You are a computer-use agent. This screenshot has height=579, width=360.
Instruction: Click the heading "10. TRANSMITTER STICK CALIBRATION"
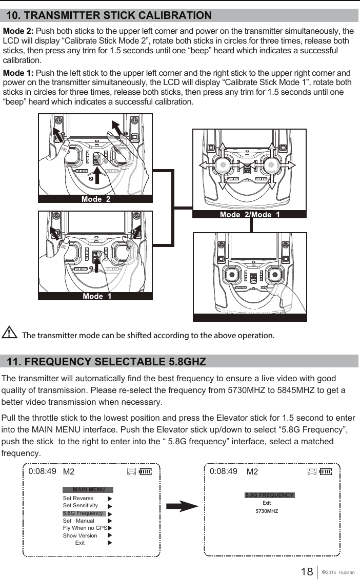109,15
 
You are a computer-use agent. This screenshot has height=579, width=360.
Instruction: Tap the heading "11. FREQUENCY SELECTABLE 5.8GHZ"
106,362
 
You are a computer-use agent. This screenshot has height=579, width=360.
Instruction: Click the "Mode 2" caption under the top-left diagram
95,199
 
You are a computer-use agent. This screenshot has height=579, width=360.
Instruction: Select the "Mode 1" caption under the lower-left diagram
96,296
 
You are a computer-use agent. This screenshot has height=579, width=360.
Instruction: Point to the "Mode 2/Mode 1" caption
250,215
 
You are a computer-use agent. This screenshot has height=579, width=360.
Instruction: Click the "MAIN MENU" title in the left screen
88,489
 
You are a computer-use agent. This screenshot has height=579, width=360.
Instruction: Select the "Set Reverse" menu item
78,498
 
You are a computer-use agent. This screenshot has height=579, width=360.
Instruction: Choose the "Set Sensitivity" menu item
80,505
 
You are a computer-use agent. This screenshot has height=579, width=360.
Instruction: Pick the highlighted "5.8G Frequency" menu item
83,513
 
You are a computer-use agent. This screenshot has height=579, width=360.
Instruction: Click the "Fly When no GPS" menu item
85,528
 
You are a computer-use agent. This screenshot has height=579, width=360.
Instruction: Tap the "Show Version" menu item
80,535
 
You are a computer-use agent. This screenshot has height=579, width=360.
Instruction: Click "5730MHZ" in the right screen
267,511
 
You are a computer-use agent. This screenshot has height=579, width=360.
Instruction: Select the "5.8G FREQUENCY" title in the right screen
269,495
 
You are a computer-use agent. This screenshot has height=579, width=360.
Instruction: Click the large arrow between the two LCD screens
182,507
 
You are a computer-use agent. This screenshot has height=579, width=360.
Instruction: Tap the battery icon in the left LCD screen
146,471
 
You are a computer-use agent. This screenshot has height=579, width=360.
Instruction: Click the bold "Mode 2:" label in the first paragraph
18,32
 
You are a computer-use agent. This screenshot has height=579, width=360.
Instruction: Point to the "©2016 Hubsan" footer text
340,572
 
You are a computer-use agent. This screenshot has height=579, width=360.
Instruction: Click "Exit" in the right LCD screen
267,503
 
